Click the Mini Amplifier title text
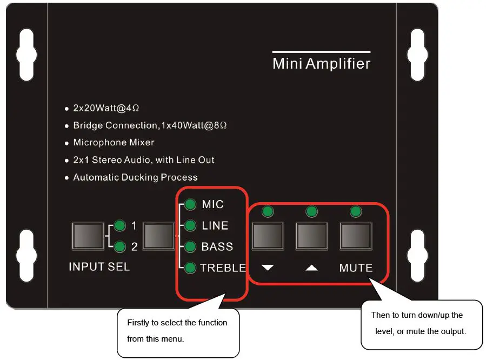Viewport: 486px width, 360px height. [321, 64]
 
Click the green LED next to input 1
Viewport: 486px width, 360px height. [119, 225]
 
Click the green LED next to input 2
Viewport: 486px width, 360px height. [119, 246]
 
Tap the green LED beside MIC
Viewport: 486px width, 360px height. [190, 205]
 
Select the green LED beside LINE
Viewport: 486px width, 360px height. [190, 225]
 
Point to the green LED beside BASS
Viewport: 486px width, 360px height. [190, 246]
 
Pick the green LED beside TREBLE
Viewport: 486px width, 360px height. [190, 268]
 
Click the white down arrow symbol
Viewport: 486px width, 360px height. [268, 268]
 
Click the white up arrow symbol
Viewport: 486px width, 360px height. [311, 268]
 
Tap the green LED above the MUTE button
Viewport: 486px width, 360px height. [355, 211]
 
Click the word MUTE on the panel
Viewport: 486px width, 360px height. [356, 268]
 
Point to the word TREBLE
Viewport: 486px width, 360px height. [223, 268]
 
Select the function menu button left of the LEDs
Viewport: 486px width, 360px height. [158, 236]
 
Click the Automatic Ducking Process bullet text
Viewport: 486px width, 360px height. [135, 177]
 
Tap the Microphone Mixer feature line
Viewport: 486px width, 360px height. [114, 143]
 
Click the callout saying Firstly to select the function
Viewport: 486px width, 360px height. [177, 331]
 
